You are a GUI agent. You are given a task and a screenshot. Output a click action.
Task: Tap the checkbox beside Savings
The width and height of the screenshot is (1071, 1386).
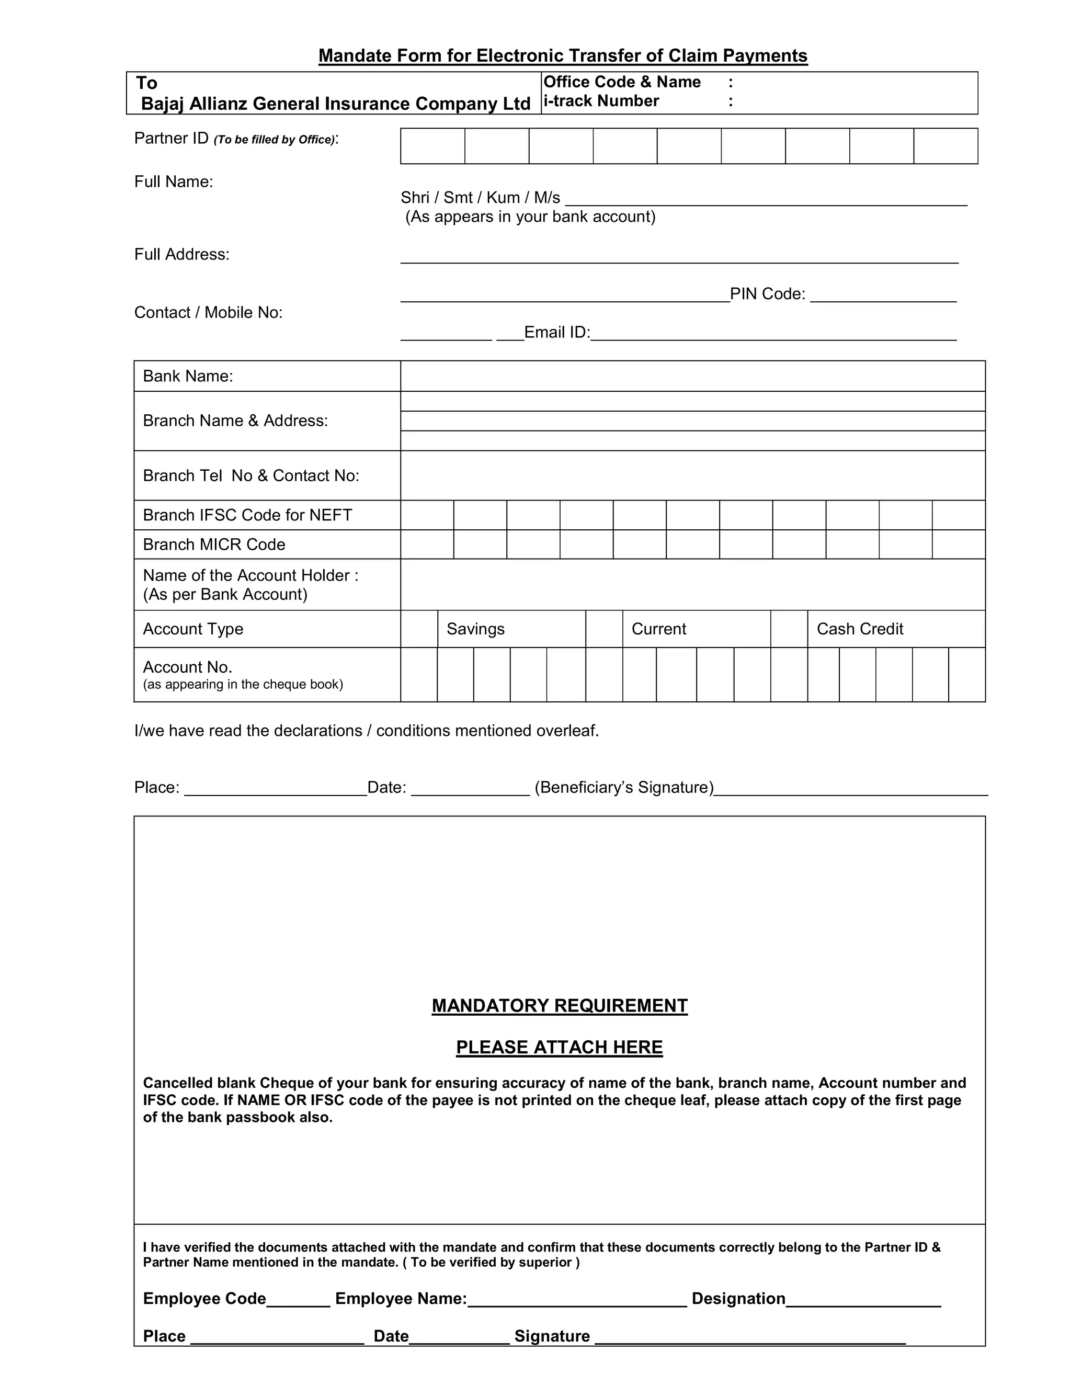click(419, 629)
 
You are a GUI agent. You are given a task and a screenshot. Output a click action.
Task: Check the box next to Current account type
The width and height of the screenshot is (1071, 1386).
click(604, 629)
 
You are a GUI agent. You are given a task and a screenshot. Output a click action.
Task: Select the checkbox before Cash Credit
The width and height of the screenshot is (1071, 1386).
click(789, 629)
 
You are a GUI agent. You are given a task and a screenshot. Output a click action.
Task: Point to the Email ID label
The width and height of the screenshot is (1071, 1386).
click(556, 333)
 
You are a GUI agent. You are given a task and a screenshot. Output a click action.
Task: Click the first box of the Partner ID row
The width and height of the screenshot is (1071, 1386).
click(432, 146)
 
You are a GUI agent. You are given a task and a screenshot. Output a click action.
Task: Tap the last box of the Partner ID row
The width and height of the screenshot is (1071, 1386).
click(945, 146)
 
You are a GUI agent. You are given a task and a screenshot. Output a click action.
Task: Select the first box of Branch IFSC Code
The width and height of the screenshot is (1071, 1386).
click(427, 515)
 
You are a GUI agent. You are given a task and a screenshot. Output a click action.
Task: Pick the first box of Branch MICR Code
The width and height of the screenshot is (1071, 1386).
click(427, 544)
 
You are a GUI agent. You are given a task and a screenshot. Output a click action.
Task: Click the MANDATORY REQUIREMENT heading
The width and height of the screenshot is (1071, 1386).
click(559, 1005)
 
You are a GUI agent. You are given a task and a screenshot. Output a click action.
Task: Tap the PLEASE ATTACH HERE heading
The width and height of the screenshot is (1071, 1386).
click(559, 1047)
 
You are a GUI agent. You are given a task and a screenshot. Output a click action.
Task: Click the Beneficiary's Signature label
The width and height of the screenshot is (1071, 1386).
click(624, 788)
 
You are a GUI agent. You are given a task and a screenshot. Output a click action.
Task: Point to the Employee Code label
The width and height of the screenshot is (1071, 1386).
click(204, 1299)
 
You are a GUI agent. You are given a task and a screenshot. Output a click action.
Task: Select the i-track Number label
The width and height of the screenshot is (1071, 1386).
click(601, 101)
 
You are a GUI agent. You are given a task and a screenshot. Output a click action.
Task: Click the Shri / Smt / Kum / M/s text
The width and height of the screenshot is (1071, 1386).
click(480, 198)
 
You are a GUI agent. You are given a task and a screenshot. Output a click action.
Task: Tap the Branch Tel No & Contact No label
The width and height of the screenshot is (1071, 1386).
click(250, 476)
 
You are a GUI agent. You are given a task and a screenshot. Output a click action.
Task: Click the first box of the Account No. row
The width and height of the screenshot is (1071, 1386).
click(419, 675)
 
